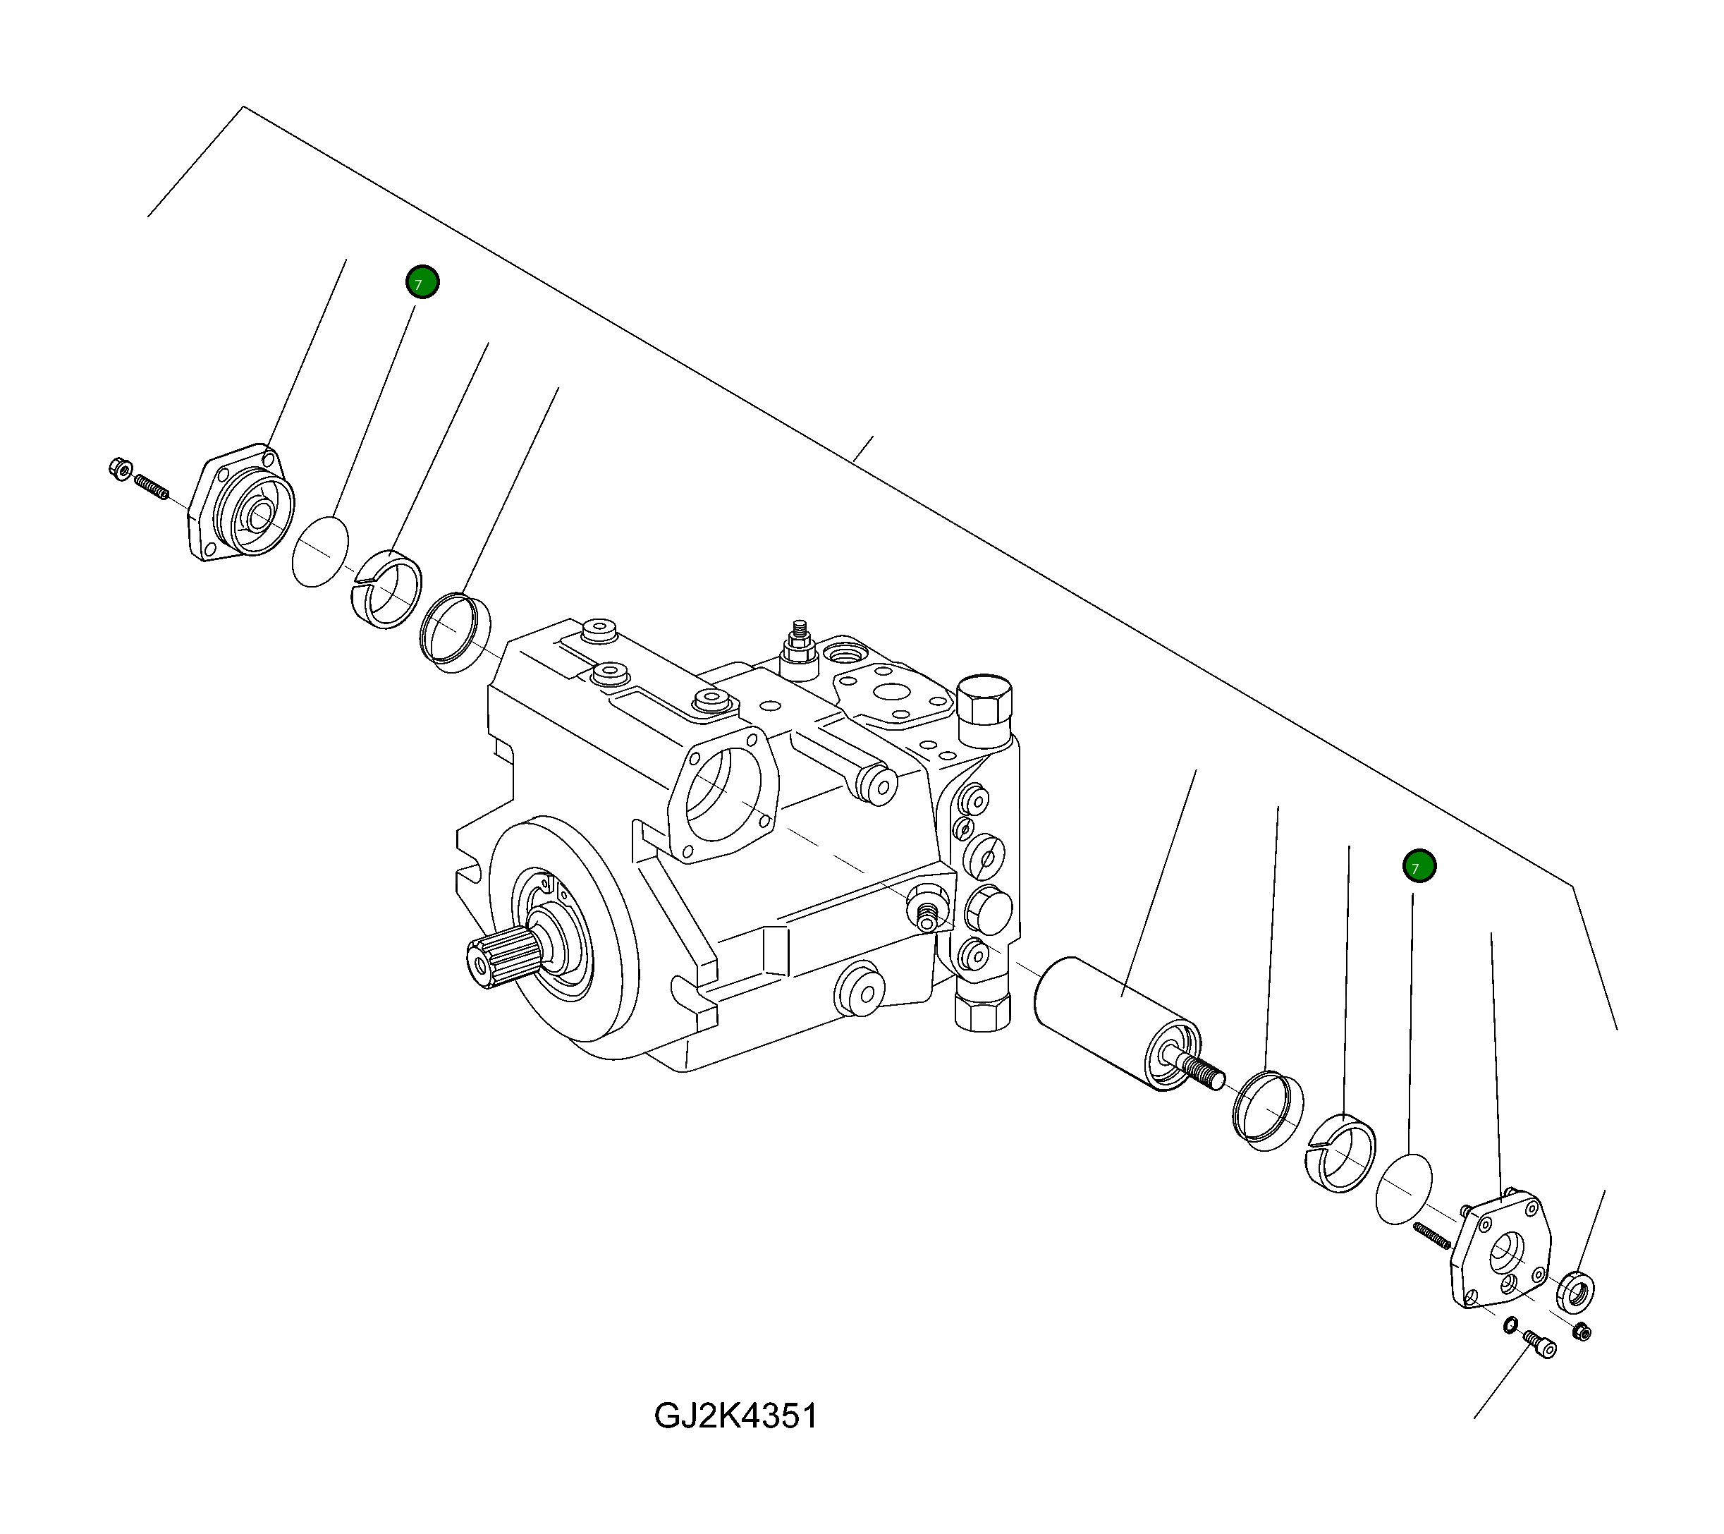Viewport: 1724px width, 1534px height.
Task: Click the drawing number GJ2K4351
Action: point(735,1415)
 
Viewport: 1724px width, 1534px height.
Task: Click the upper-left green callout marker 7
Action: point(422,282)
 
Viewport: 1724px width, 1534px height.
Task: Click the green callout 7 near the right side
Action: point(1419,867)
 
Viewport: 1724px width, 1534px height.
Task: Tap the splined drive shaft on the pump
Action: point(503,958)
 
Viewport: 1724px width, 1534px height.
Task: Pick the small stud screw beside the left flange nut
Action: point(152,487)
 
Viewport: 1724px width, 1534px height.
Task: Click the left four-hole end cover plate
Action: point(240,504)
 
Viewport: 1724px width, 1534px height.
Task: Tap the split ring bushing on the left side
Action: point(386,588)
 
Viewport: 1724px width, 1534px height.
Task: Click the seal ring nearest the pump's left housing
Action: point(456,632)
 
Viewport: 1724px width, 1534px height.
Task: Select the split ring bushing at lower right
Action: point(1340,1153)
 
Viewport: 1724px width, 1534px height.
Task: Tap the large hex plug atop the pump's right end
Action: point(984,700)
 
